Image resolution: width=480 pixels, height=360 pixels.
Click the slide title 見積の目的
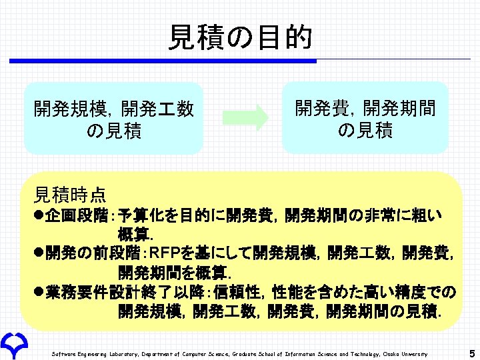[240, 37]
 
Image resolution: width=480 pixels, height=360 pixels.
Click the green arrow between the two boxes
[245, 118]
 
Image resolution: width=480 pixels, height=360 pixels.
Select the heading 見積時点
[69, 195]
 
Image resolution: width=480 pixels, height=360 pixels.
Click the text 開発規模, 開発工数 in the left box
[113, 109]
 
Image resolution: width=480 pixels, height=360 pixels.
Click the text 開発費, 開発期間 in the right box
[365, 107]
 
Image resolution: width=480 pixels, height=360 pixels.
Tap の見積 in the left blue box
[114, 131]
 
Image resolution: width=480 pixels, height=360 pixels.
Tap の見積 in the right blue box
[365, 131]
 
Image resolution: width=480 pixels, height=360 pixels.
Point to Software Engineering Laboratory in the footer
[93, 353]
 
